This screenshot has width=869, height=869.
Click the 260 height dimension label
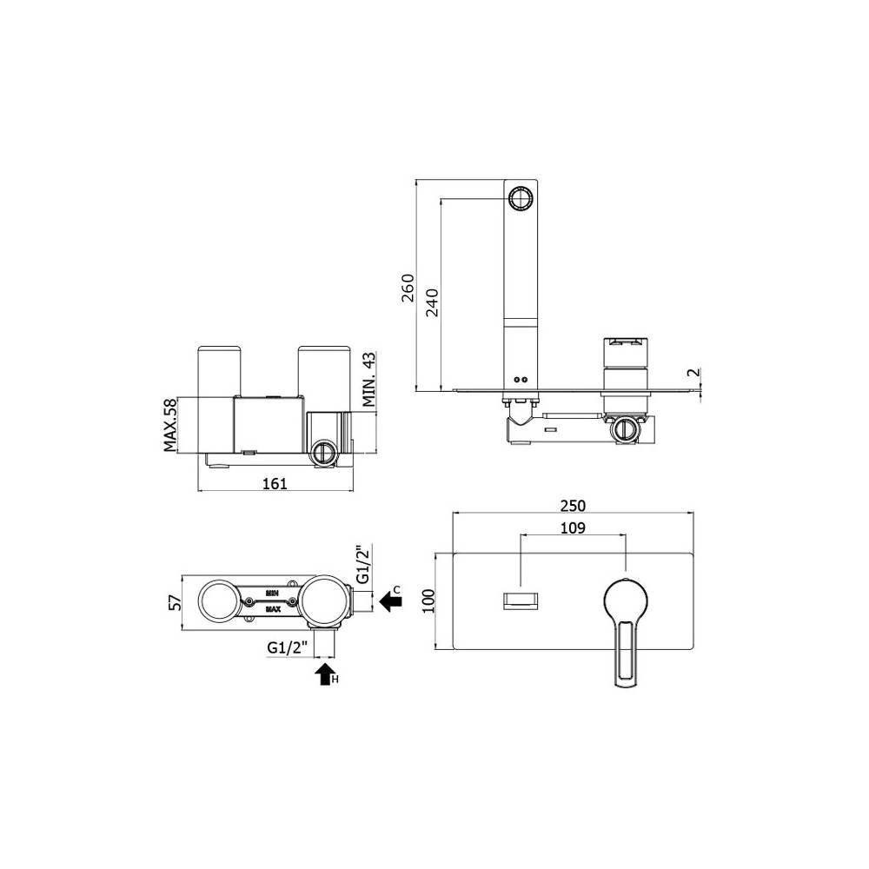pos(408,287)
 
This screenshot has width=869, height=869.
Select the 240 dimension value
pos(432,300)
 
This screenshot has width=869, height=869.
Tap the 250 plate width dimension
pos(573,505)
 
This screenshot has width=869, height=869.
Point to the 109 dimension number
pos(573,527)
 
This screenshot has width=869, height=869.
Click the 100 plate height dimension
pos(427,600)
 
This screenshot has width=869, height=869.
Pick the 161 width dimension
pos(275,484)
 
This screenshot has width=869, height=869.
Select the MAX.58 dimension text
pos(170,425)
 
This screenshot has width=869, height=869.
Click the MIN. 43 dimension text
pos(368,380)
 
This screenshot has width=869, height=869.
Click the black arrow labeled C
pos(390,600)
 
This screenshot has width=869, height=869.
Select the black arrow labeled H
pos(324,673)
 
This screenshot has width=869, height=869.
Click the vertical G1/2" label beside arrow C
pos(362,565)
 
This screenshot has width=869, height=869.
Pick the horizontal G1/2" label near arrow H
pos(286,647)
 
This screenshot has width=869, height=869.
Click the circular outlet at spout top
pos(522,198)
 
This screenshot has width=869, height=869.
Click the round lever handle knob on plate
pos(625,599)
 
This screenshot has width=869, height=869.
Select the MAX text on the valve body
pos(273,610)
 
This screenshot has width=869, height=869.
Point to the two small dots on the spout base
pos(521,380)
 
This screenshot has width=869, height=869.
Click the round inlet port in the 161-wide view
pos(323,452)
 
